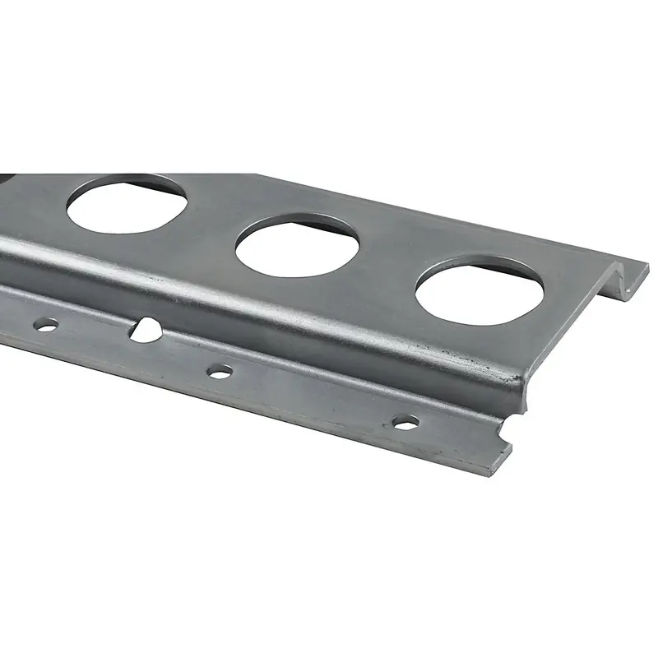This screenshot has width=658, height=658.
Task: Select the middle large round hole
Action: click(298, 244)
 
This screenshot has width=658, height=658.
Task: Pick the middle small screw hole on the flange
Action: click(220, 372)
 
